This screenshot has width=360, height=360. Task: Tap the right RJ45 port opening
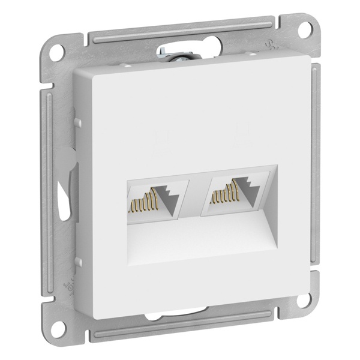tap(236, 197)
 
